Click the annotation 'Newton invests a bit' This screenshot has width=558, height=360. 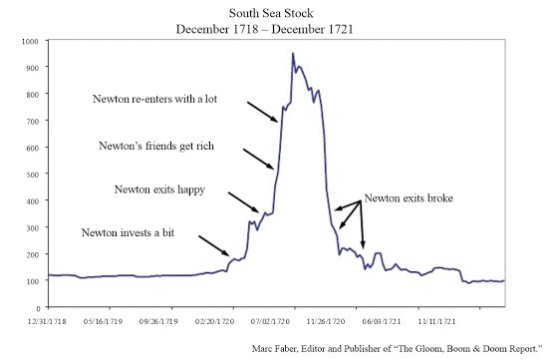[131, 232]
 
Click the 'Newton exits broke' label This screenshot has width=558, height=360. [409, 199]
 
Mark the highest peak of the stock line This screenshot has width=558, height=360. [292, 54]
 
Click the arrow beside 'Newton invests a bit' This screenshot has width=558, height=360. [215, 246]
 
